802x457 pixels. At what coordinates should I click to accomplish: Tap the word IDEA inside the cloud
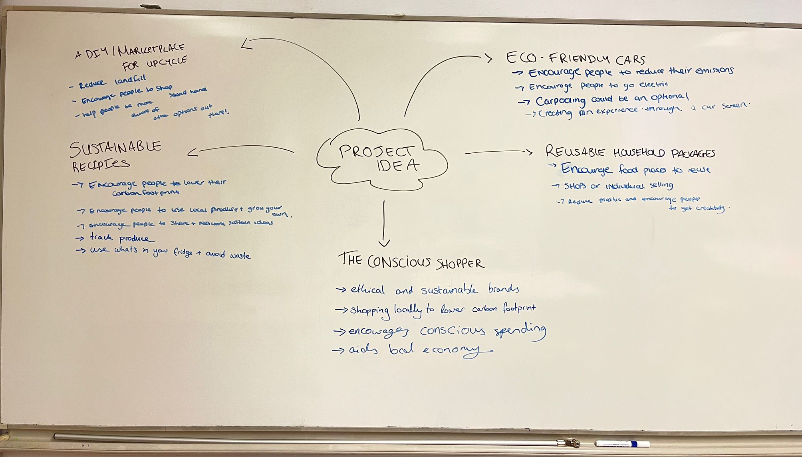pos(398,165)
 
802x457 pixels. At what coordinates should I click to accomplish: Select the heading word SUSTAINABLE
pos(115,148)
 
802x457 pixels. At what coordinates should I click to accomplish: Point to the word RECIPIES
pos(101,164)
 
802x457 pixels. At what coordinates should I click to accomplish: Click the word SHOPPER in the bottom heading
pos(460,263)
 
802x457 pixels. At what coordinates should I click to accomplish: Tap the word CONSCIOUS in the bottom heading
pos(399,262)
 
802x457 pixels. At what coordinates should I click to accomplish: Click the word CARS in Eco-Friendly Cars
pos(630,60)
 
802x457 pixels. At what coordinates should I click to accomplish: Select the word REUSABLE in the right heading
pos(575,152)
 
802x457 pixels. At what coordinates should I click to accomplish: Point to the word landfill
pos(130,80)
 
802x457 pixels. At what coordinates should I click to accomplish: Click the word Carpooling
pos(560,101)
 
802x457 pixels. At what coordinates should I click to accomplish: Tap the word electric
pos(653,85)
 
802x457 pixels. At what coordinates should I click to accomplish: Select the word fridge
pos(183,252)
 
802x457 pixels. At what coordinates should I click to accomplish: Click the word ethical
pos(367,290)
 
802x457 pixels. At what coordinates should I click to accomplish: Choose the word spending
pos(520,331)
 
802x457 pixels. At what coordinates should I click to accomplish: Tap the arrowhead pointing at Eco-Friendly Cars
pos(488,58)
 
